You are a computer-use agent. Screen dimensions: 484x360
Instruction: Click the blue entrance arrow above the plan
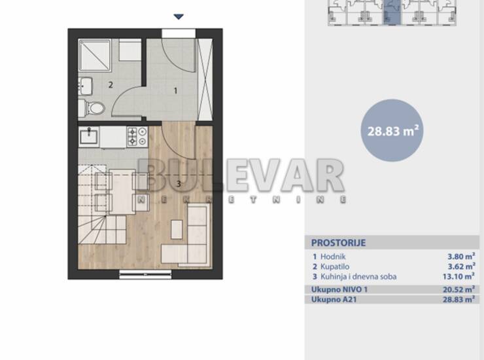click(179, 16)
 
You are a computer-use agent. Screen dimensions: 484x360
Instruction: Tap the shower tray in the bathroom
click(95, 56)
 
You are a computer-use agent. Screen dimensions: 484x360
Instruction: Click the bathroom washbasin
click(85, 86)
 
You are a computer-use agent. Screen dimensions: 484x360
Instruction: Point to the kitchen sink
click(89, 136)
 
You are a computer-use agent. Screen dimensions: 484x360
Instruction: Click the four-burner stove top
click(137, 136)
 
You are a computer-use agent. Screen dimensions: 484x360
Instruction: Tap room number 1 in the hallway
click(176, 91)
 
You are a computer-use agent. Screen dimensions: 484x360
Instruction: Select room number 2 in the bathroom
click(111, 84)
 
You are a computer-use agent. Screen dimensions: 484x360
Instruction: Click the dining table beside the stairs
click(122, 191)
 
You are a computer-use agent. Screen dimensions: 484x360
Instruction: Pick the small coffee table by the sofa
click(177, 228)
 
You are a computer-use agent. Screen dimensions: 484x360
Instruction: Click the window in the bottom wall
click(145, 274)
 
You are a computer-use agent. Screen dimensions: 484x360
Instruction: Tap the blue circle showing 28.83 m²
click(392, 130)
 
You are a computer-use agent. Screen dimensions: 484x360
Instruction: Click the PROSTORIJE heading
click(338, 243)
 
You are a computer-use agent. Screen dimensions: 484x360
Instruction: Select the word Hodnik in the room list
click(333, 257)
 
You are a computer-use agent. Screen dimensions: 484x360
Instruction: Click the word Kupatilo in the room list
click(335, 266)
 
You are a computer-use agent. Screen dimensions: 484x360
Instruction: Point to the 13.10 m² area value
click(458, 276)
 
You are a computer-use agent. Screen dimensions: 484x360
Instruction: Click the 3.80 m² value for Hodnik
click(461, 256)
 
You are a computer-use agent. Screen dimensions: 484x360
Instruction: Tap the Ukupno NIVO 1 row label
click(339, 289)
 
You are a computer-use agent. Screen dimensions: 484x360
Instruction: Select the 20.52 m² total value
click(458, 289)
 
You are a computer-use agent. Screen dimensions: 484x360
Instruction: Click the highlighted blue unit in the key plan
click(392, 12)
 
